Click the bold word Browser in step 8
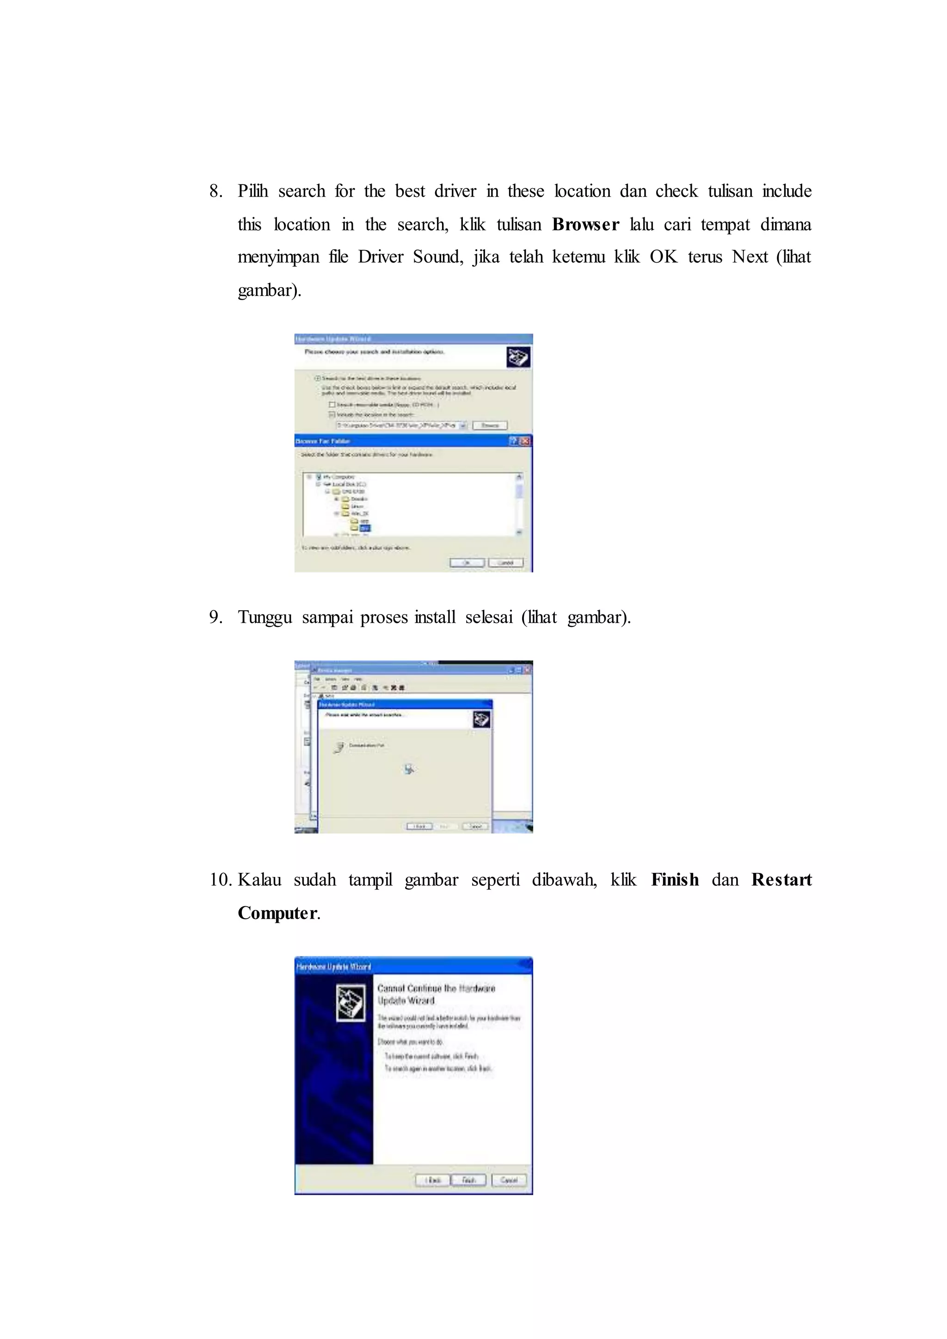pyautogui.click(x=585, y=225)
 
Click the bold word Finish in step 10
pyautogui.click(x=674, y=879)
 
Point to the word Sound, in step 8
pyautogui.click(x=437, y=257)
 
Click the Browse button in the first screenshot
pyautogui.click(x=490, y=425)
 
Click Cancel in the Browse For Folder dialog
pyautogui.click(x=505, y=563)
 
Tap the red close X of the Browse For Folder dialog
pyautogui.click(x=525, y=441)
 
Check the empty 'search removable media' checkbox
pyautogui.click(x=332, y=404)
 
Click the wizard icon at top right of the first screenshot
pyautogui.click(x=518, y=356)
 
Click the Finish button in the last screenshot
pyautogui.click(x=468, y=1180)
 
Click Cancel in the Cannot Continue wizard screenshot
pyautogui.click(x=509, y=1180)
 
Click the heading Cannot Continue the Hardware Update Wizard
pyautogui.click(x=436, y=994)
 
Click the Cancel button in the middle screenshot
pyautogui.click(x=475, y=826)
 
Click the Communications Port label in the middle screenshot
pyautogui.click(x=366, y=745)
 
